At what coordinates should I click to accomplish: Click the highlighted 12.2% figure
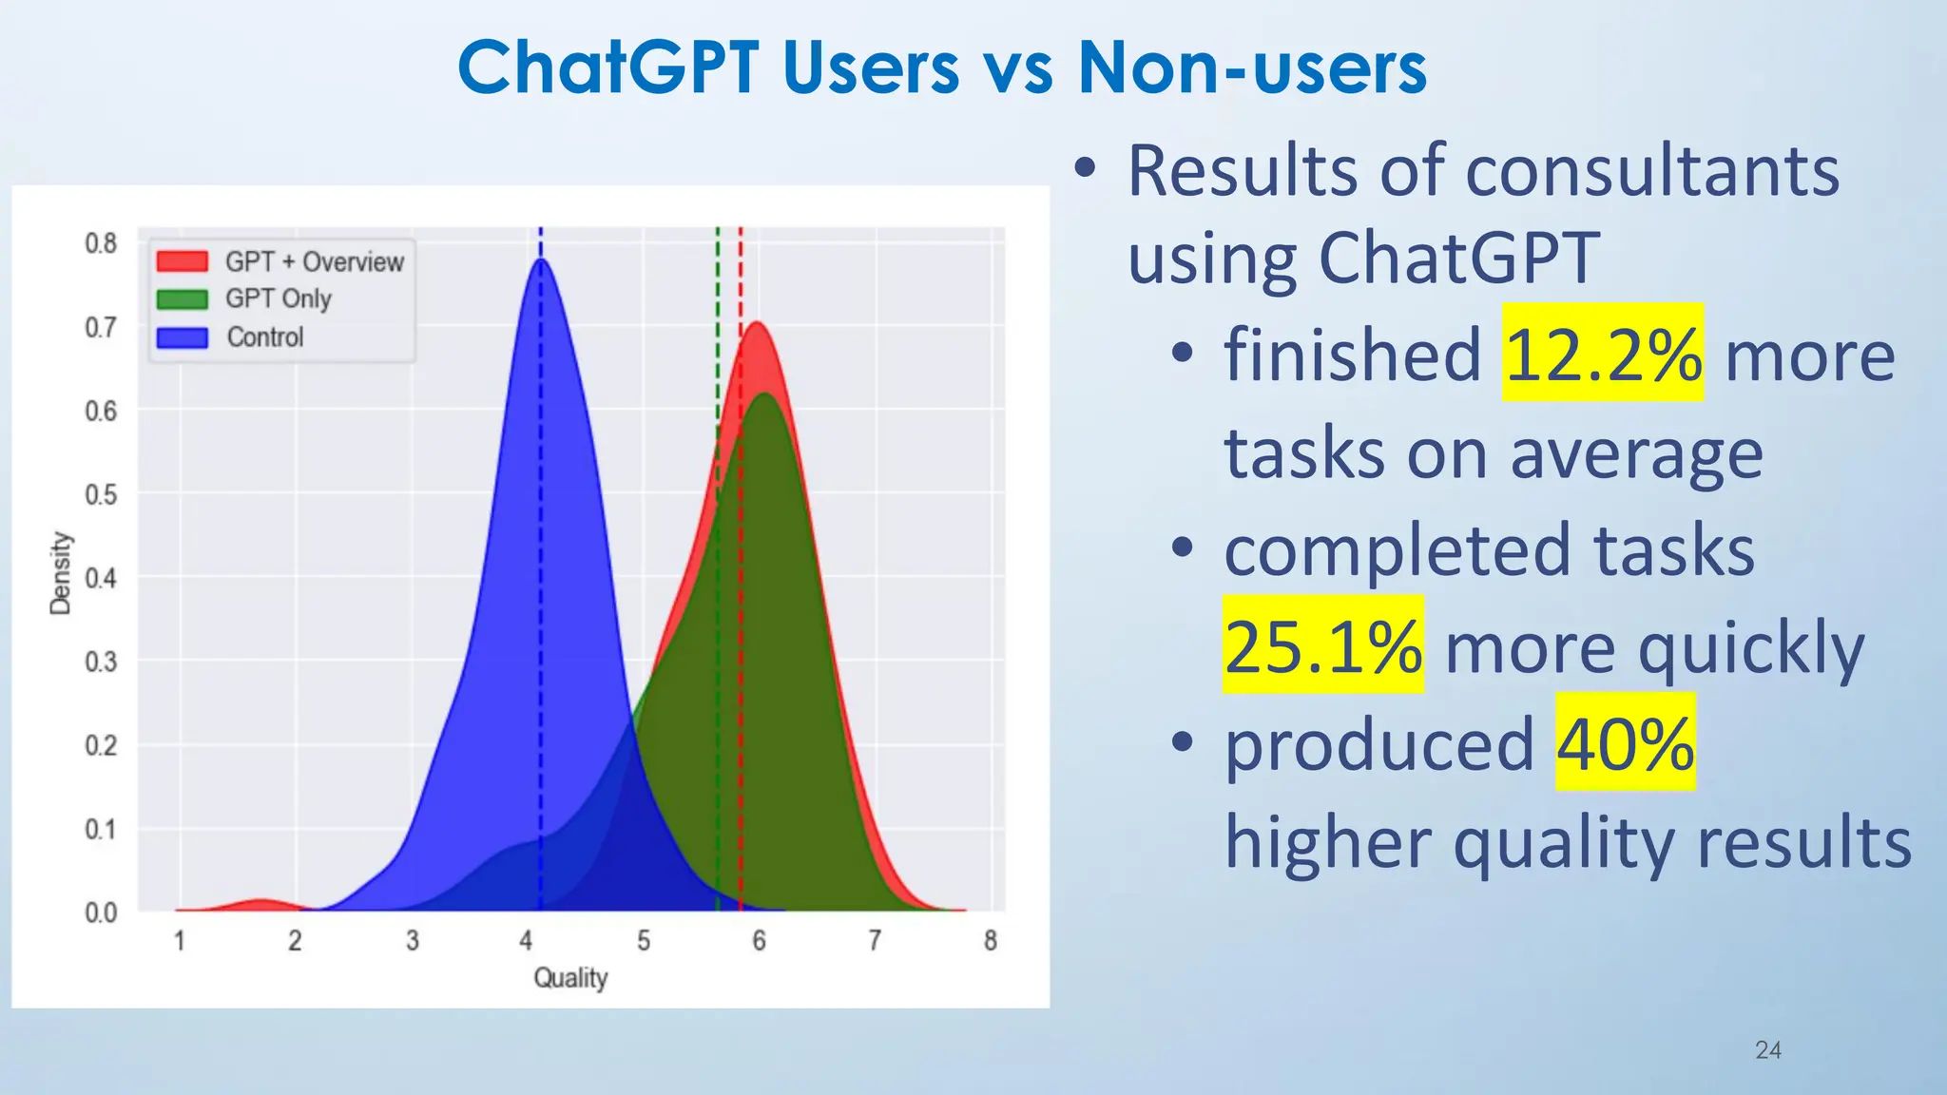[1603, 354]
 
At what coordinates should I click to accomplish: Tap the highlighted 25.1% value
[1322, 646]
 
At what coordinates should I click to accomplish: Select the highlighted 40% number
[1625, 743]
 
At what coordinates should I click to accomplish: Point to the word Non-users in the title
[1252, 68]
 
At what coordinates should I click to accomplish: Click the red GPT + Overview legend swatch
[183, 261]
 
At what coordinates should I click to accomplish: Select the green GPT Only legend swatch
[183, 299]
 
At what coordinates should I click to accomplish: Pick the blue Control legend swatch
[183, 337]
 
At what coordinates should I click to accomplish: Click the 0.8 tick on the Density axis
[101, 243]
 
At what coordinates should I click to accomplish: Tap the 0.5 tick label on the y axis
[101, 494]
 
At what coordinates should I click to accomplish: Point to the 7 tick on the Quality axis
[875, 941]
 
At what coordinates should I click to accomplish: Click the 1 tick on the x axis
[179, 941]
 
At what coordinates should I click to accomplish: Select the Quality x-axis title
[570, 977]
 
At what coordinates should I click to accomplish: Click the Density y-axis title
[61, 573]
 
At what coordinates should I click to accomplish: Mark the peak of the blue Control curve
[541, 259]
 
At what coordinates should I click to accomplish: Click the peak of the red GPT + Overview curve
[758, 324]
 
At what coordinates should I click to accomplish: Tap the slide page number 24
[1767, 1050]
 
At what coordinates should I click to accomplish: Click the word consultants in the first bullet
[1652, 171]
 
